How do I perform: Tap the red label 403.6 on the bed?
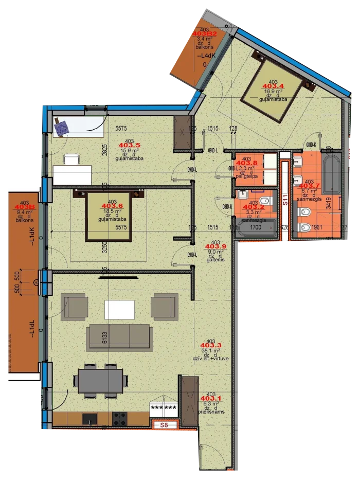click(x=113, y=206)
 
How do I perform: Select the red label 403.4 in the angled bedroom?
click(x=273, y=86)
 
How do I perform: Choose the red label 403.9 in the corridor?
click(x=215, y=247)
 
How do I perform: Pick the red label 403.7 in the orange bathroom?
click(x=310, y=186)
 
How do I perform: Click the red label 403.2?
click(x=253, y=207)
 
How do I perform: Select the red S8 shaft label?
click(x=164, y=425)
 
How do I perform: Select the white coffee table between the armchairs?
click(x=120, y=310)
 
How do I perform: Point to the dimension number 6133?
click(x=104, y=338)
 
